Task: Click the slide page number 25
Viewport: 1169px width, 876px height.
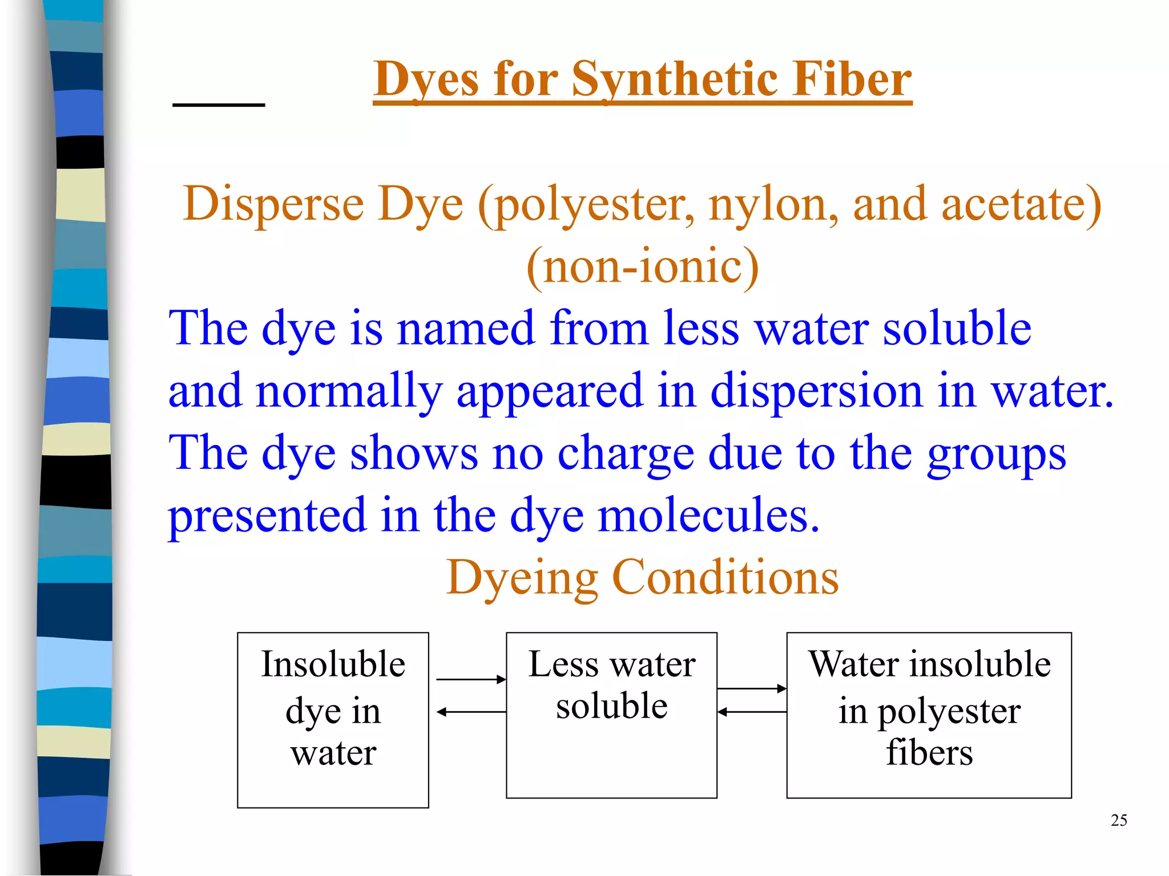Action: coord(1119,820)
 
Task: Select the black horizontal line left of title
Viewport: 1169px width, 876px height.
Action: coord(219,105)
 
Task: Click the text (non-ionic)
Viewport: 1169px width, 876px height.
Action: coord(643,267)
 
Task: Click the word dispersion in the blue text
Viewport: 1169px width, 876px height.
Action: coord(816,391)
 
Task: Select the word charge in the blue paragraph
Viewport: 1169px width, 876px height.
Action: coord(626,453)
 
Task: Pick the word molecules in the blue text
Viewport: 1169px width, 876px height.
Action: coord(708,516)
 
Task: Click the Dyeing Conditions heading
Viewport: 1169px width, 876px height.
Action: coord(643,577)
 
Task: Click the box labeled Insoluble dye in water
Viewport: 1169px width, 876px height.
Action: coord(333,720)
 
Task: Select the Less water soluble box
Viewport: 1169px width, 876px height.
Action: coord(611,715)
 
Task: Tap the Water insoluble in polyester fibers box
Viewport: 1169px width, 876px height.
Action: coord(929,715)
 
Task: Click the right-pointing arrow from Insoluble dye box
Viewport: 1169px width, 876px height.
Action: coord(471,679)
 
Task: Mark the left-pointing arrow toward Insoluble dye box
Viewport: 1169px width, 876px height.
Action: coord(471,712)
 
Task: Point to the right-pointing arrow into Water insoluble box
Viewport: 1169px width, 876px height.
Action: coord(752,689)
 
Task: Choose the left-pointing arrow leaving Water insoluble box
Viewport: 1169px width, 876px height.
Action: coord(752,712)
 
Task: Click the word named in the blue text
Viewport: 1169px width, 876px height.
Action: coord(466,329)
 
